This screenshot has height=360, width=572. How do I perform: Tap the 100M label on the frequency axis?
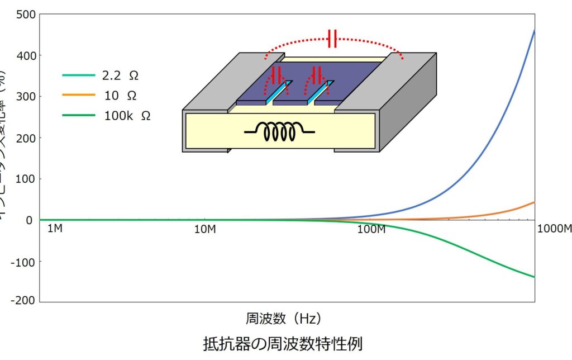click(371, 230)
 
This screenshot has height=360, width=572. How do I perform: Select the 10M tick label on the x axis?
click(206, 230)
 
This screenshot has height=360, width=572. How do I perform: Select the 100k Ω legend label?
click(127, 116)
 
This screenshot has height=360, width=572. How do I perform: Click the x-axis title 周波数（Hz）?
click(284, 319)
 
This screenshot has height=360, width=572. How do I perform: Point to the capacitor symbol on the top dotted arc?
click(332, 39)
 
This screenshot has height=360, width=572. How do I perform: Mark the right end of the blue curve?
click(534, 31)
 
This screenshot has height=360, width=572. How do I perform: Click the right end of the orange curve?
click(534, 202)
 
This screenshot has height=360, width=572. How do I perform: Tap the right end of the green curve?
click(534, 277)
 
